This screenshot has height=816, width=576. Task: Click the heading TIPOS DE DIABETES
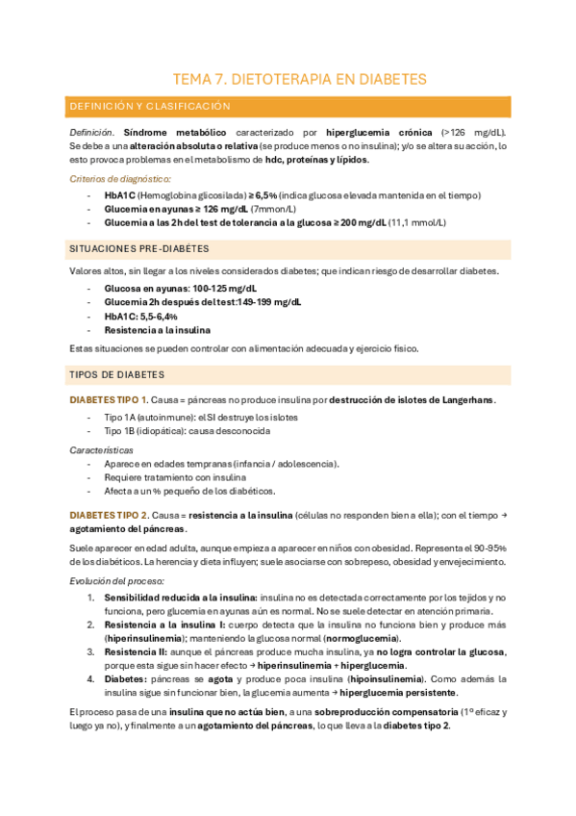[x=116, y=374]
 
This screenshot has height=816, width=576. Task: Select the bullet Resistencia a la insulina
[x=157, y=329]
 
